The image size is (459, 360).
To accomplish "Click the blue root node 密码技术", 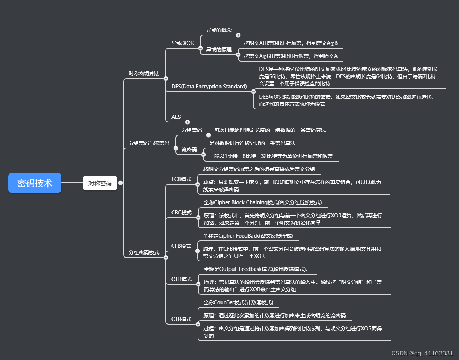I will pos(35,183).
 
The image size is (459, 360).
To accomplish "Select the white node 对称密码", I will pos(100,183).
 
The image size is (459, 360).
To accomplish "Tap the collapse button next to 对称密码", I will pos(120,183).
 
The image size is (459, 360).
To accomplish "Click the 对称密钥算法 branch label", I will pos(144,74).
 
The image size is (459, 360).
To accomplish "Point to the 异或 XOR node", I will pos(182,43).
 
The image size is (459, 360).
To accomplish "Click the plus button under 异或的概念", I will pos(238,35).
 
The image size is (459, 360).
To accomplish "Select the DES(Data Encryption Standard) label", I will pos(209,87).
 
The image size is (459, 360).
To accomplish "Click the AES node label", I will pos(176,117).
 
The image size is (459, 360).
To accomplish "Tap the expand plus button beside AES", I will pos(187,122).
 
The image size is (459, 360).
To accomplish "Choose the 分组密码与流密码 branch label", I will pos(149,143).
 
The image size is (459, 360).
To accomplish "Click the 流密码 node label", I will pos(189,150).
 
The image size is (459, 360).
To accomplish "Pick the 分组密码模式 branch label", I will pos(144,252).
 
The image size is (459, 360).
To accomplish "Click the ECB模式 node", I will pos(181,179).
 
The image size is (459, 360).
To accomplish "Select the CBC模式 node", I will pos(181,213).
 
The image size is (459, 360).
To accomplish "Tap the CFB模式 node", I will pos(181,246).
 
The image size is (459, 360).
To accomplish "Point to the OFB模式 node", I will pos(181,279).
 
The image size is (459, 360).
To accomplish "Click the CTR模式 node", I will pos(181,319).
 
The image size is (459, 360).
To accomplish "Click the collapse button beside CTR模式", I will pos(198,324).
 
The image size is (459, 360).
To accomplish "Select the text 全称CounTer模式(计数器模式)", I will pos(238,302).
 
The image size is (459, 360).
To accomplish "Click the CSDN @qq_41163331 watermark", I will pos(422,353).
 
